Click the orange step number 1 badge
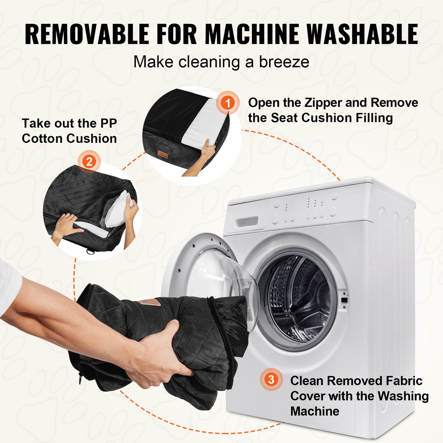click(x=228, y=103)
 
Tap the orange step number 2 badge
click(x=89, y=162)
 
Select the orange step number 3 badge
click(x=271, y=379)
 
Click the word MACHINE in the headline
click(x=252, y=34)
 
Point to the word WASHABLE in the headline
click(x=362, y=34)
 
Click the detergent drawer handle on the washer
click(x=247, y=221)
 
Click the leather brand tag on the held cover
click(x=149, y=302)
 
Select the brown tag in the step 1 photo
click(x=163, y=154)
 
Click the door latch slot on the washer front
click(x=344, y=300)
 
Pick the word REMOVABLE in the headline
click(x=87, y=34)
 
